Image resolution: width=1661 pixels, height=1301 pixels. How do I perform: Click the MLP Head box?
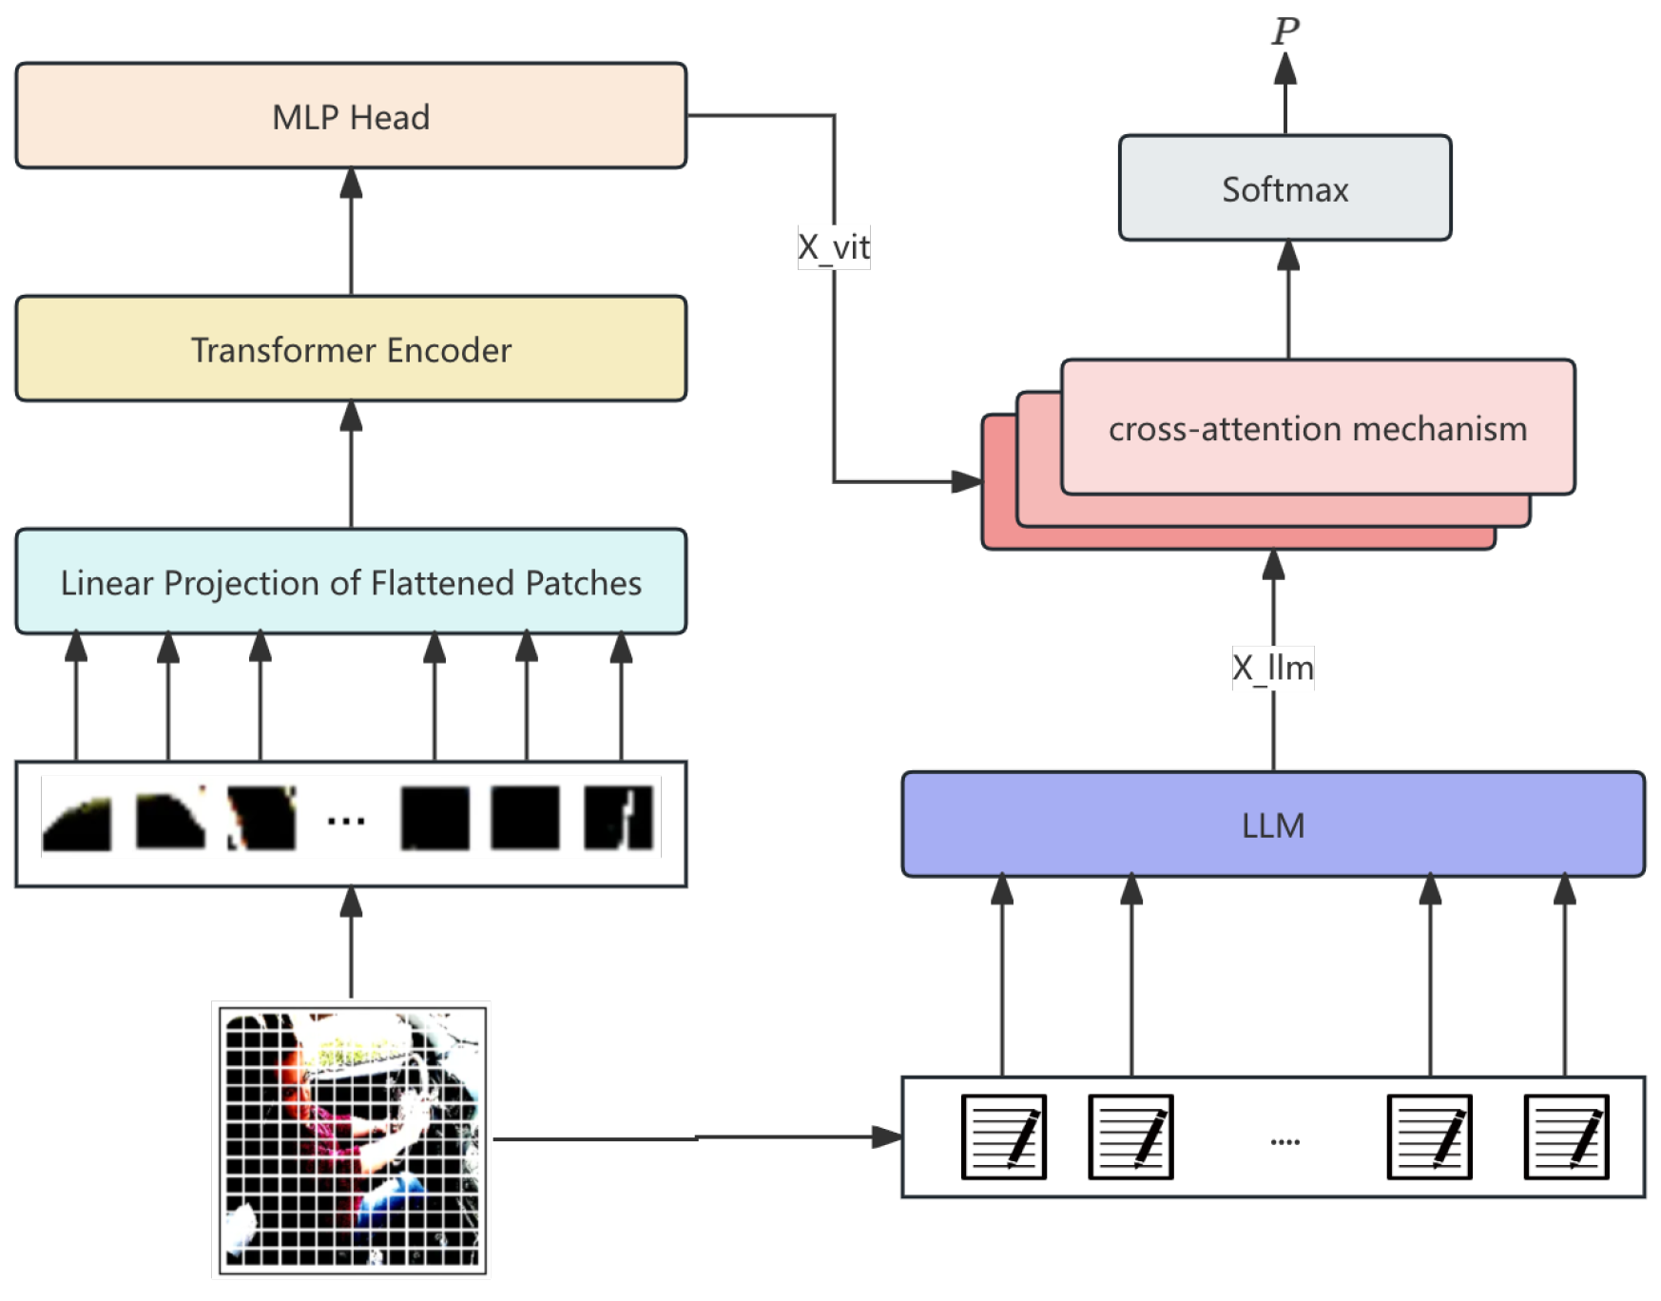tap(351, 116)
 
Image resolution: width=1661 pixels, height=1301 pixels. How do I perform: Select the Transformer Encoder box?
tap(351, 349)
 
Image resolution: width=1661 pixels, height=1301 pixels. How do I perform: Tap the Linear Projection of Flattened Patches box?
tap(351, 582)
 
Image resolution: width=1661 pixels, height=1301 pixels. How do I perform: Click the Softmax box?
tap(1284, 188)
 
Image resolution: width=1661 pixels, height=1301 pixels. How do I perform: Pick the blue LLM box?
tap(1272, 825)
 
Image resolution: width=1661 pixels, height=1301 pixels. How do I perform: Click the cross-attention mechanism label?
tap(1317, 429)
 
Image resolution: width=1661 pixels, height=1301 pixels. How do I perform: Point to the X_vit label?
tap(834, 247)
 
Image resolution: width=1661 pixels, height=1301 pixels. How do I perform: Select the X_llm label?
tap(1272, 668)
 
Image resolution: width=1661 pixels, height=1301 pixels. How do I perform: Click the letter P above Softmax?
tap(1285, 30)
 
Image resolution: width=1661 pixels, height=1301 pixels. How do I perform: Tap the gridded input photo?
tap(352, 1139)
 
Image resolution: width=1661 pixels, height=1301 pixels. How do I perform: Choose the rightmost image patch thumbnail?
tap(619, 818)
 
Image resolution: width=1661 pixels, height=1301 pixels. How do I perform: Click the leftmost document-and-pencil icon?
tap(1003, 1136)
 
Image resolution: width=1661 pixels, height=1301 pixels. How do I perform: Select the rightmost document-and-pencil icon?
tap(1566, 1136)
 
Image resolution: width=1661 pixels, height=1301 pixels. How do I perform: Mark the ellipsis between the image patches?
tap(346, 821)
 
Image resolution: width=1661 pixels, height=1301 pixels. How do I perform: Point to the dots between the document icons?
tap(1284, 1141)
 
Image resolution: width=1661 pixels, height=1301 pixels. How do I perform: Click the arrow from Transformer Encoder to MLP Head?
tap(351, 232)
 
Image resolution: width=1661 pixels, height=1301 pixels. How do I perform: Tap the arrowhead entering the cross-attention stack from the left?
tap(966, 481)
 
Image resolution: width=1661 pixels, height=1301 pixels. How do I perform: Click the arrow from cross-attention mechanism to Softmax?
tap(1288, 299)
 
